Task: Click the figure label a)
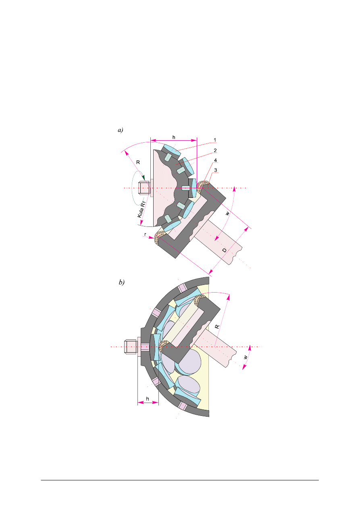click(x=121, y=130)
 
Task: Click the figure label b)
click(x=122, y=282)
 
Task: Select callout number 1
click(x=215, y=140)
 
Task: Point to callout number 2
click(x=215, y=150)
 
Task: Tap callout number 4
click(x=215, y=160)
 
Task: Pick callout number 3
click(x=215, y=170)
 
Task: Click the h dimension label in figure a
click(x=174, y=137)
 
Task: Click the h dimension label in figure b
click(x=148, y=399)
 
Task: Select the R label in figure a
click(x=138, y=162)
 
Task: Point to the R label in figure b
click(x=217, y=327)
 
